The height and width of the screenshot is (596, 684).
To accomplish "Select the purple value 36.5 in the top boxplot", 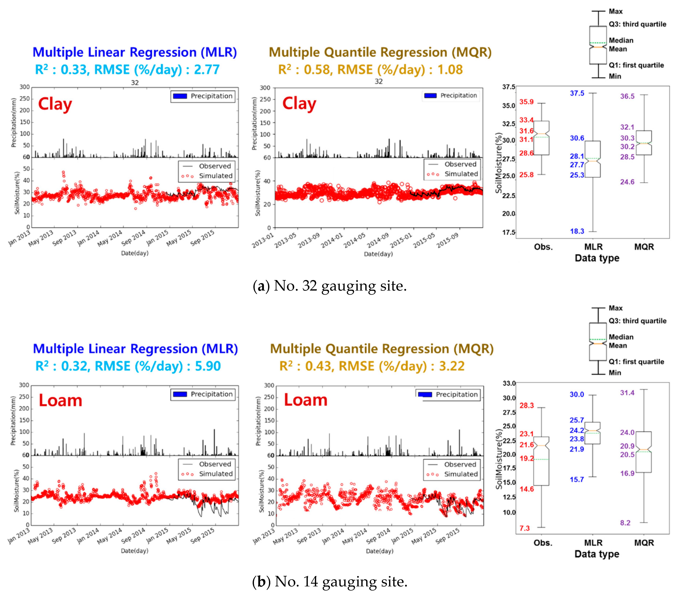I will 627,96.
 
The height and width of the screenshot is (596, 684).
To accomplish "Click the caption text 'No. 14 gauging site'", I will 341,582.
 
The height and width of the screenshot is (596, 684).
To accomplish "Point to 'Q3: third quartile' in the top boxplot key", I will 637,24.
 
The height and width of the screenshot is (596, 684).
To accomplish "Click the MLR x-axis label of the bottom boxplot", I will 593,543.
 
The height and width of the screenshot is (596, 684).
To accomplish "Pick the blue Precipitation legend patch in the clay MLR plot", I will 180,96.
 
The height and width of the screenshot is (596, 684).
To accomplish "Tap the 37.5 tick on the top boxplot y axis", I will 508,87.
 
